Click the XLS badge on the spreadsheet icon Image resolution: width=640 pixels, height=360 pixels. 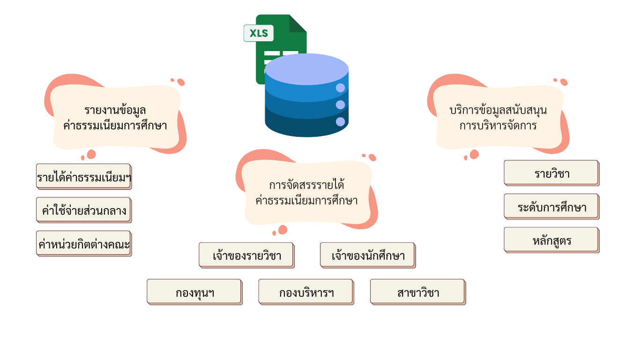[259, 33]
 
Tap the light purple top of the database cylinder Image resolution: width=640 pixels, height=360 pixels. [306, 69]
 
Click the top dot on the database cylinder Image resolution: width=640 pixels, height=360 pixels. [340, 88]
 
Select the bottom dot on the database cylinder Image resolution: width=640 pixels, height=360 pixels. [340, 122]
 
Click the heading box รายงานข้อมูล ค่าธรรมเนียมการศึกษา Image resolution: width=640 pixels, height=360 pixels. [116, 118]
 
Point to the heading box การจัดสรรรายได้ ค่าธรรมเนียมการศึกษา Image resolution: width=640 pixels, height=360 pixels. [307, 193]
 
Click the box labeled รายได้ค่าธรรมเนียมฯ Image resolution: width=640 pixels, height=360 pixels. [83, 177]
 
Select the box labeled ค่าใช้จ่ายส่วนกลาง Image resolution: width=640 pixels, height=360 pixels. [83, 210]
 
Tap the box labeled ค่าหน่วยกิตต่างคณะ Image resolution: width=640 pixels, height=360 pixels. [83, 244]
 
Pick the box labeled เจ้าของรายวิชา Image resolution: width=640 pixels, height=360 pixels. [246, 255]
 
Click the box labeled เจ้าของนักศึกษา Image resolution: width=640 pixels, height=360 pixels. [368, 255]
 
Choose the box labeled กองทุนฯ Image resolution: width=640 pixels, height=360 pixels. [194, 292]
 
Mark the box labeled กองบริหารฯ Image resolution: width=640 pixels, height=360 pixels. [306, 292]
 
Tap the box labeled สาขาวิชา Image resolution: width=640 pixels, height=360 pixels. [418, 292]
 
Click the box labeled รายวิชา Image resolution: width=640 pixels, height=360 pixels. [551, 173]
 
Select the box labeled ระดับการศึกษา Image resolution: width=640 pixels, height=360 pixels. [551, 207]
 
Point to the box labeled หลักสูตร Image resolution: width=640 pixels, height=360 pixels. [551, 240]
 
